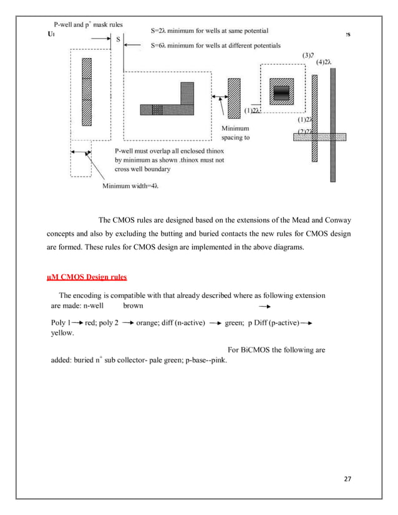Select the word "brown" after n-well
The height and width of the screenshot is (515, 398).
pos(133,306)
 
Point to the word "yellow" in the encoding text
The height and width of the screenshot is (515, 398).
pos(61,333)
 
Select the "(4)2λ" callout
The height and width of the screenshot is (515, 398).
pos(324,62)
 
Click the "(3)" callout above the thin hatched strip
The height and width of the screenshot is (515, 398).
pos(308,55)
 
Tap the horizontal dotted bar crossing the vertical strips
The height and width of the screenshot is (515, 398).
pos(319,137)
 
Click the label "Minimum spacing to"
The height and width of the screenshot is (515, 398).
pos(235,133)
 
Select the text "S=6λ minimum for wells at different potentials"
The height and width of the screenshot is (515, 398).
pos(216,45)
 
